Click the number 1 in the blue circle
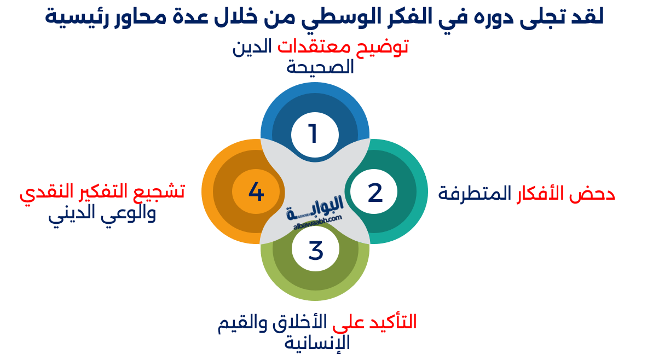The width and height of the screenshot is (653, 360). point(313,134)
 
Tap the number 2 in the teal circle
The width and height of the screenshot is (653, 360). point(375,193)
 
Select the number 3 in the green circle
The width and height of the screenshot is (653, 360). point(316,251)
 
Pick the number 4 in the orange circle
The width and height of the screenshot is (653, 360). point(256,192)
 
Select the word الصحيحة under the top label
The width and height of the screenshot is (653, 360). point(321,67)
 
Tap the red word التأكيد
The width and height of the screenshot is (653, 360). point(391,322)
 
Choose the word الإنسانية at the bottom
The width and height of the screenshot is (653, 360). point(317,342)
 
